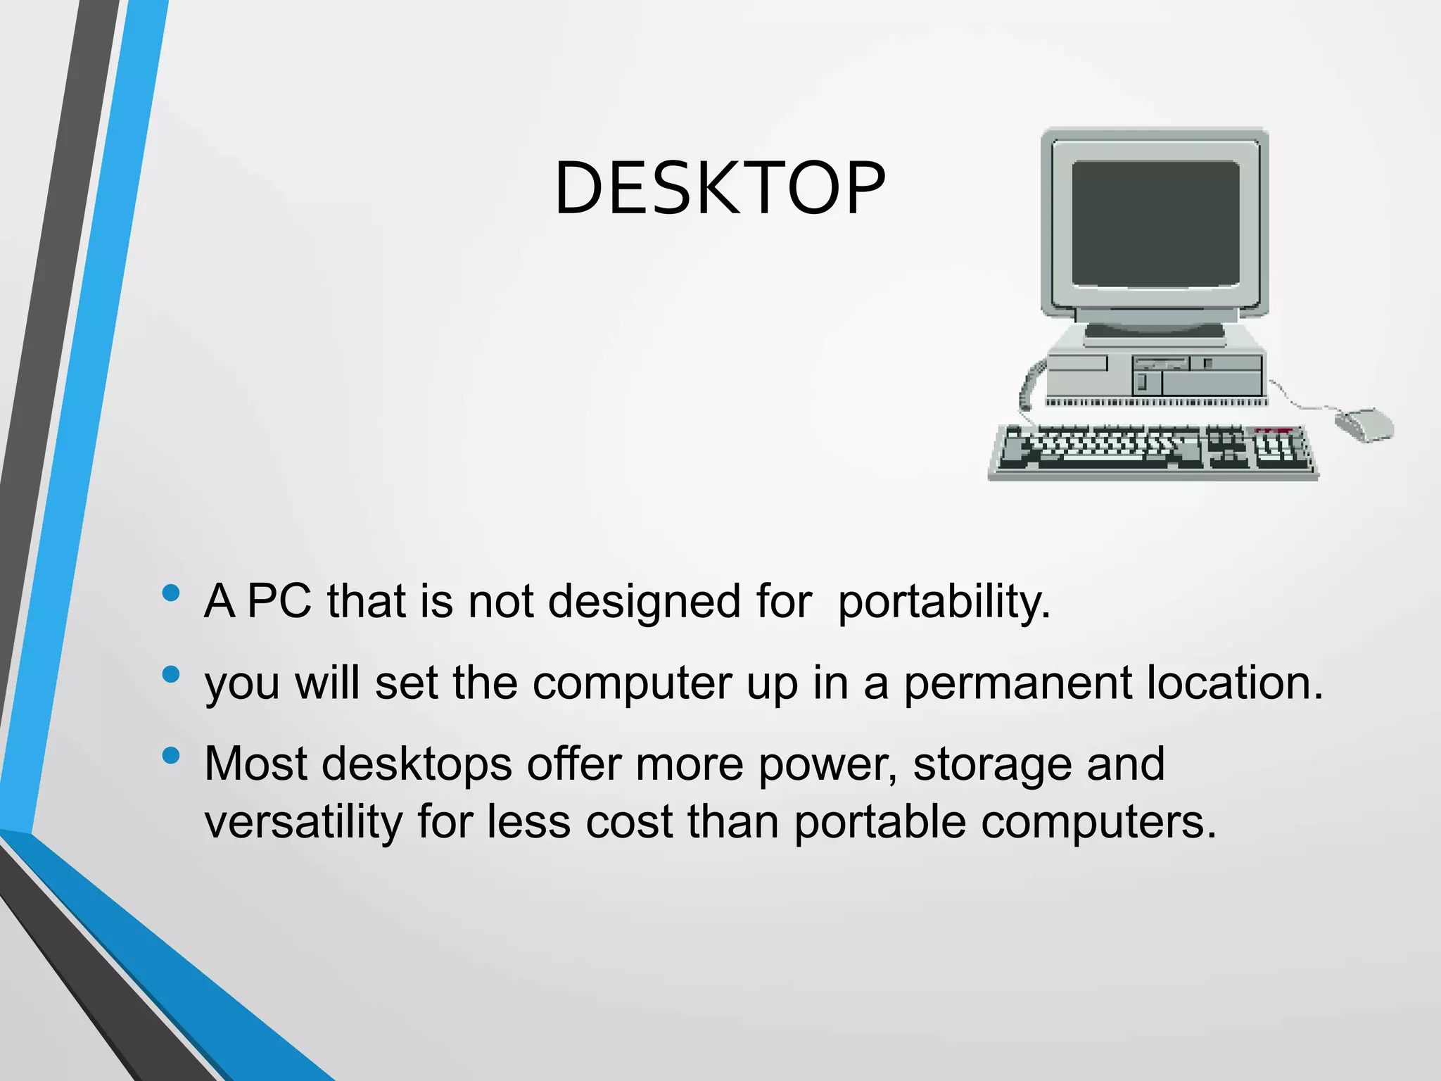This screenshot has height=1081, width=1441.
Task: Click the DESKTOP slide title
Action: click(x=719, y=188)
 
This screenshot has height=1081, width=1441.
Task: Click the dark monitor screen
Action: click(x=1155, y=223)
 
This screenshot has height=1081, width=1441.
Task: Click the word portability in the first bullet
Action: click(x=944, y=602)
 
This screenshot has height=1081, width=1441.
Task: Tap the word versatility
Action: click(x=303, y=822)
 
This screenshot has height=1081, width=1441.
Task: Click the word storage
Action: click(x=991, y=764)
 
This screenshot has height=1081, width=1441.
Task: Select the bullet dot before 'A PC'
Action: click(x=170, y=593)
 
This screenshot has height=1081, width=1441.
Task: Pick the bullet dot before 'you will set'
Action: click(x=170, y=675)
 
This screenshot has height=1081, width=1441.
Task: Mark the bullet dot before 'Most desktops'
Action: click(x=170, y=756)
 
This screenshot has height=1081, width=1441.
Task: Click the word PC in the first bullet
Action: click(x=279, y=602)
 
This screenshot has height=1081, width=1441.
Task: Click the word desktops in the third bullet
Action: click(x=417, y=764)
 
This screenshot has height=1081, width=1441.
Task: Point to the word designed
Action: click(x=644, y=602)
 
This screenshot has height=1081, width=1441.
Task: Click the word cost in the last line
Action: click(x=629, y=822)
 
